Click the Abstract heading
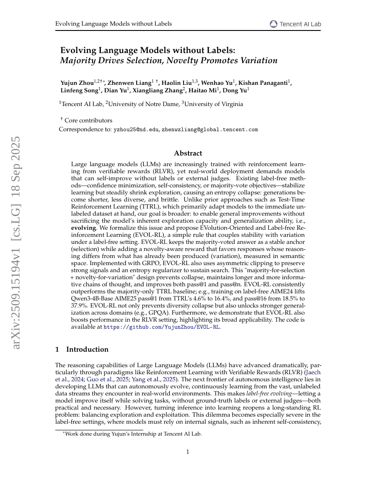[x=188, y=153]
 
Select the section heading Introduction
[x=87, y=349]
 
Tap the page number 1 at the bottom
[x=188, y=452]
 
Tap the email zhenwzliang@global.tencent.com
[x=210, y=130]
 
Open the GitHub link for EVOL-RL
[x=161, y=327]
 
